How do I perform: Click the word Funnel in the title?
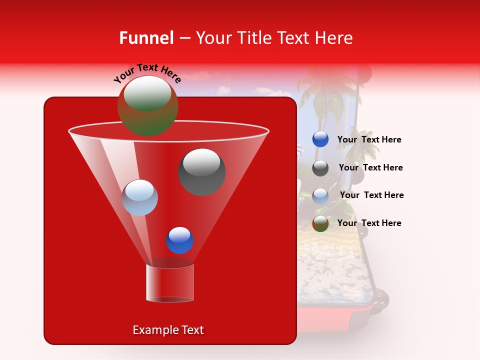[x=146, y=38]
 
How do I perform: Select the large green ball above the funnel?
[x=147, y=106]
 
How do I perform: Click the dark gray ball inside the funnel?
[x=201, y=171]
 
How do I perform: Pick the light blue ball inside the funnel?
[x=139, y=197]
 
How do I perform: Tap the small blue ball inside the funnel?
[x=179, y=240]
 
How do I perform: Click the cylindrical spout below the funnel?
[x=169, y=283]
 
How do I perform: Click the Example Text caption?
[x=168, y=330]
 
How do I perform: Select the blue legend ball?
[x=320, y=139]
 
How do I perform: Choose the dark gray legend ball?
[x=320, y=168]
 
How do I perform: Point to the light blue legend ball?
[x=320, y=195]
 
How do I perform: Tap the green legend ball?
[x=320, y=223]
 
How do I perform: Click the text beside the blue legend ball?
[x=369, y=140]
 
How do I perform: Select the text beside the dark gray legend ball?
[x=370, y=168]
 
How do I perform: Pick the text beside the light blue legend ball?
[x=371, y=195]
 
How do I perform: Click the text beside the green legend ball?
[x=369, y=223]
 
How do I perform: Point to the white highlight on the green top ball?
[x=147, y=93]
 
